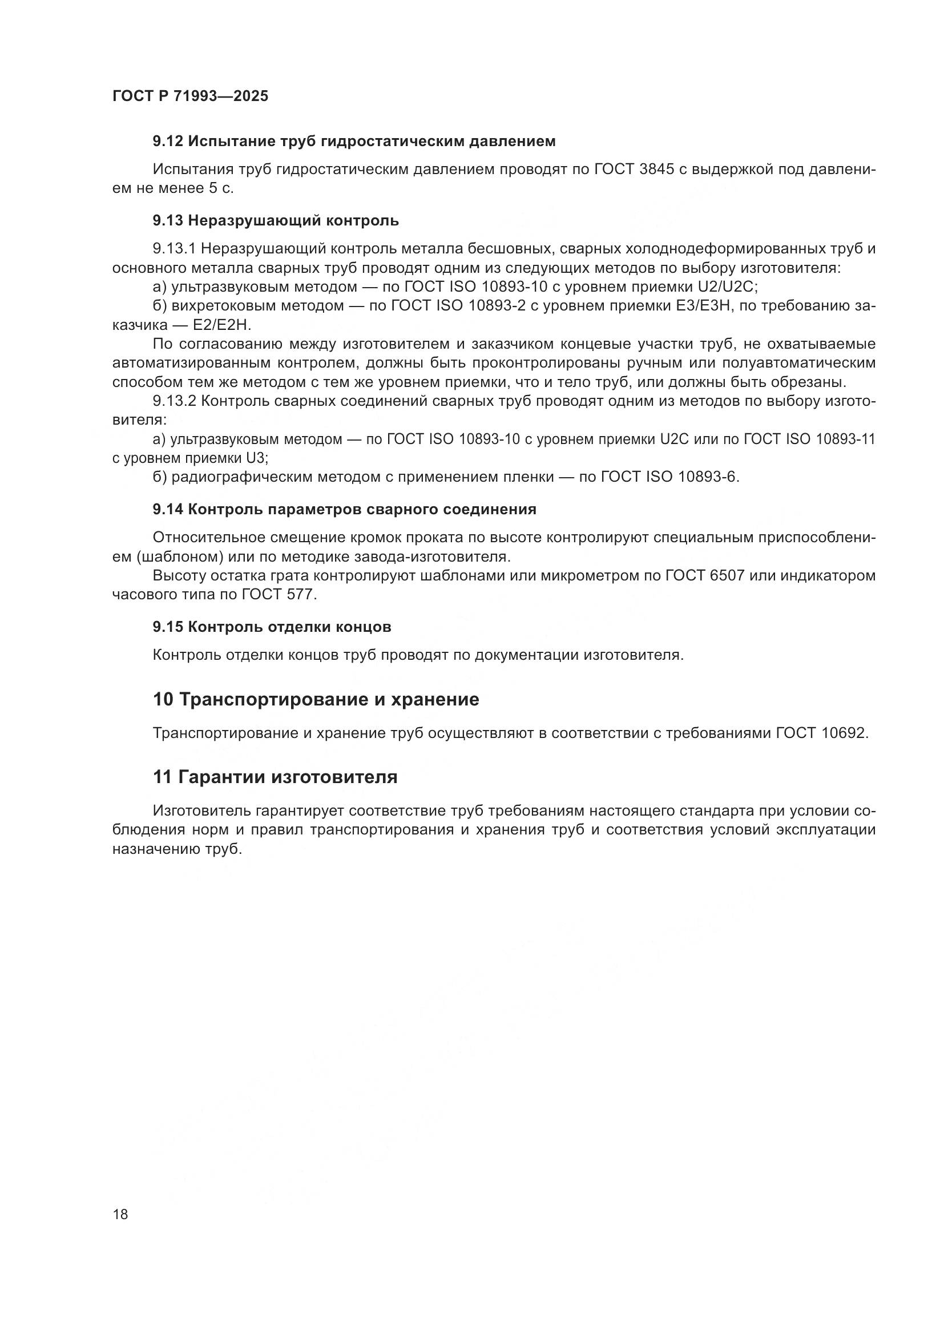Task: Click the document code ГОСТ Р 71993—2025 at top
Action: coord(190,96)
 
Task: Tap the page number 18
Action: coord(120,1214)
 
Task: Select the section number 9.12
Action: coord(168,142)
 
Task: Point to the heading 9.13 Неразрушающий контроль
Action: coord(276,220)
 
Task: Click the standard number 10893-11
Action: coord(845,439)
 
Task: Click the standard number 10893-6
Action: coord(707,477)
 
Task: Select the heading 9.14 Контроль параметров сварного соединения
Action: coord(344,509)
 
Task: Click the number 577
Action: coord(300,595)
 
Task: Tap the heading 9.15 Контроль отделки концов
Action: coord(272,627)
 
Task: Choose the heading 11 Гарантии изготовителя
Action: coord(275,777)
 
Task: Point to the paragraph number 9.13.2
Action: coord(175,401)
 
